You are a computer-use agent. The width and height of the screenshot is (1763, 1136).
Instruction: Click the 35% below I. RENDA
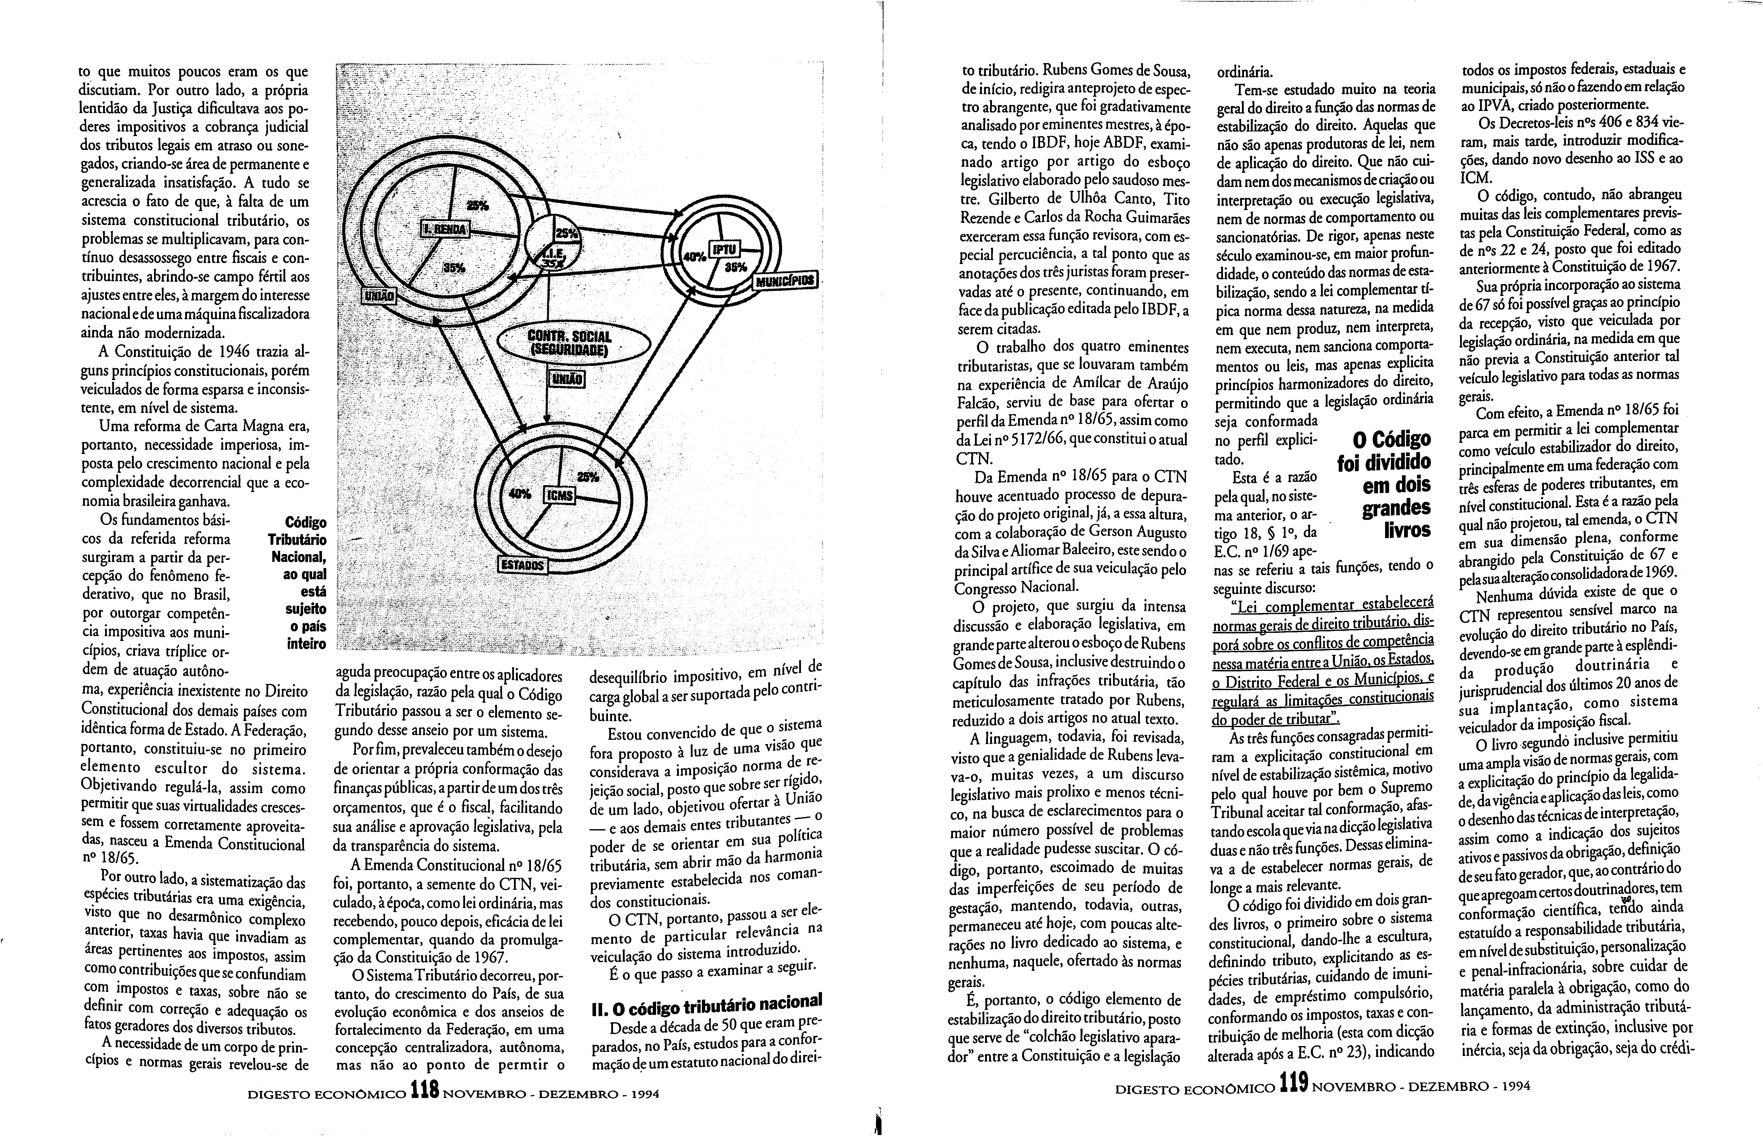[x=455, y=268]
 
